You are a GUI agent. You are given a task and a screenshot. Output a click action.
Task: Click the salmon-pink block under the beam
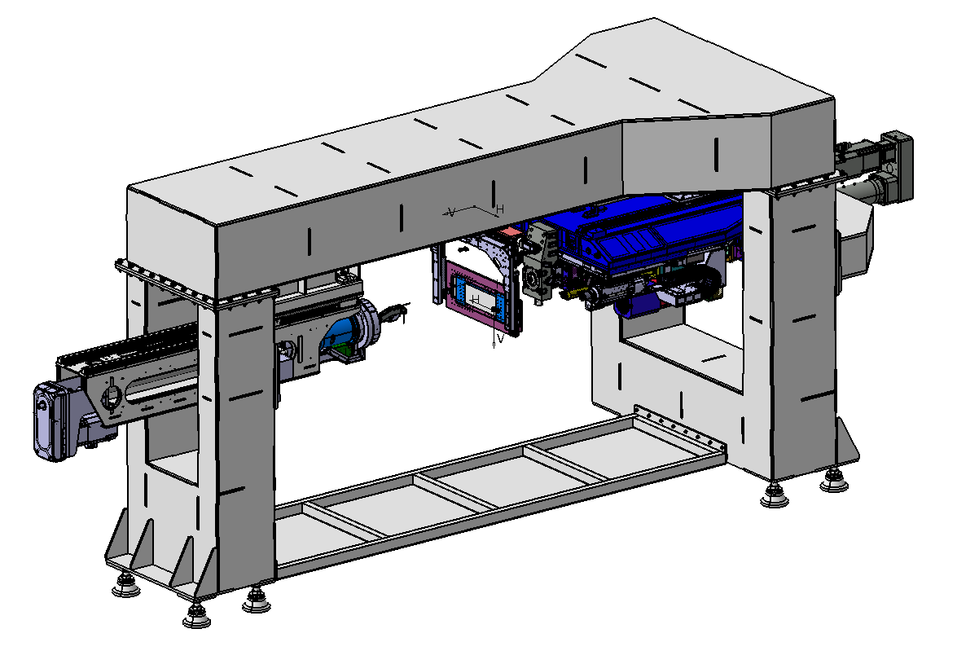pyautogui.click(x=510, y=231)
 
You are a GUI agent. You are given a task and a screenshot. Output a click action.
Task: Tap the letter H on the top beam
pyautogui.click(x=500, y=209)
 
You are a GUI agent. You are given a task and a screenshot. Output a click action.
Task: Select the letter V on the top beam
pyautogui.click(x=451, y=213)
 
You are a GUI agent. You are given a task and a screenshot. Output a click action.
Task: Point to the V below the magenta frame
pyautogui.click(x=500, y=338)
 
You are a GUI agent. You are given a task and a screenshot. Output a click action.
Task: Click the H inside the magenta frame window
pyautogui.click(x=476, y=300)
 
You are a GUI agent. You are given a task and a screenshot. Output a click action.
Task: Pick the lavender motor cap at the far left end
pyautogui.click(x=49, y=422)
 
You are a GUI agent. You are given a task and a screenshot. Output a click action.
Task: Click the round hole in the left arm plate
pyautogui.click(x=112, y=398)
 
